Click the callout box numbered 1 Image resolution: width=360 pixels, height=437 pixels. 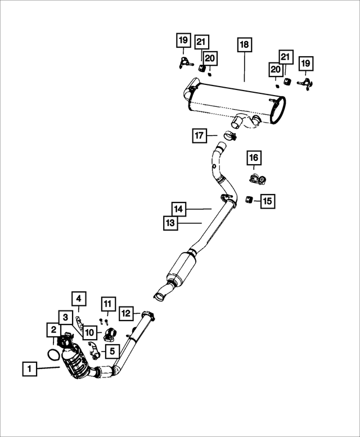(30, 369)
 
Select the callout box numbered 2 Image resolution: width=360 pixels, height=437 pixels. (53, 330)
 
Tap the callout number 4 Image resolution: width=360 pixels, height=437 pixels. (79, 298)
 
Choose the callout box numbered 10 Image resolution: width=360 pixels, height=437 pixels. (89, 332)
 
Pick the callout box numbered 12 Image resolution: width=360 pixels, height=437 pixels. (126, 313)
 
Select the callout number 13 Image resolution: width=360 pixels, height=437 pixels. (170, 223)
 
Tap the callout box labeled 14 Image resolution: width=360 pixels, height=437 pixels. (178, 209)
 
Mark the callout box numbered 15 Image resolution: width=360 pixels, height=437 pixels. (267, 200)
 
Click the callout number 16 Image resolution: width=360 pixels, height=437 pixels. (253, 158)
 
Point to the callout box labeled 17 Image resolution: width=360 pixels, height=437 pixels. (199, 136)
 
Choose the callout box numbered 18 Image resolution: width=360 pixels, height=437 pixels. (245, 45)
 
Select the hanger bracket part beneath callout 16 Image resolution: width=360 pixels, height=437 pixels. (256, 179)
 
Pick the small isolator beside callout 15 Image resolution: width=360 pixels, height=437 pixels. (249, 199)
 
